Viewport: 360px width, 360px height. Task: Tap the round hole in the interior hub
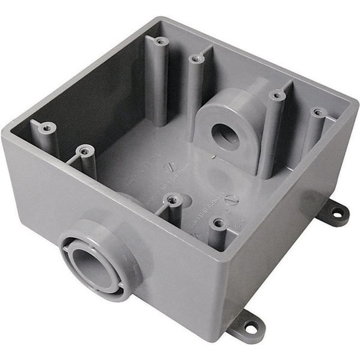coord(226,137)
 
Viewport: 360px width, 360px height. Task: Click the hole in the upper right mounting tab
coord(338,211)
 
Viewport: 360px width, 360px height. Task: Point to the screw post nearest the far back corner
coord(160,41)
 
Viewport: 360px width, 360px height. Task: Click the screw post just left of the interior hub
coord(196,59)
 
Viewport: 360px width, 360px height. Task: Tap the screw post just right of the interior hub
coord(277,95)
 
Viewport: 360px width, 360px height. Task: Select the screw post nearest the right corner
coord(318,112)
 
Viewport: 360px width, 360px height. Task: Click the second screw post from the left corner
coord(86,152)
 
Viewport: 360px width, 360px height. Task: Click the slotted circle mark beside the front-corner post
coord(233,200)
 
